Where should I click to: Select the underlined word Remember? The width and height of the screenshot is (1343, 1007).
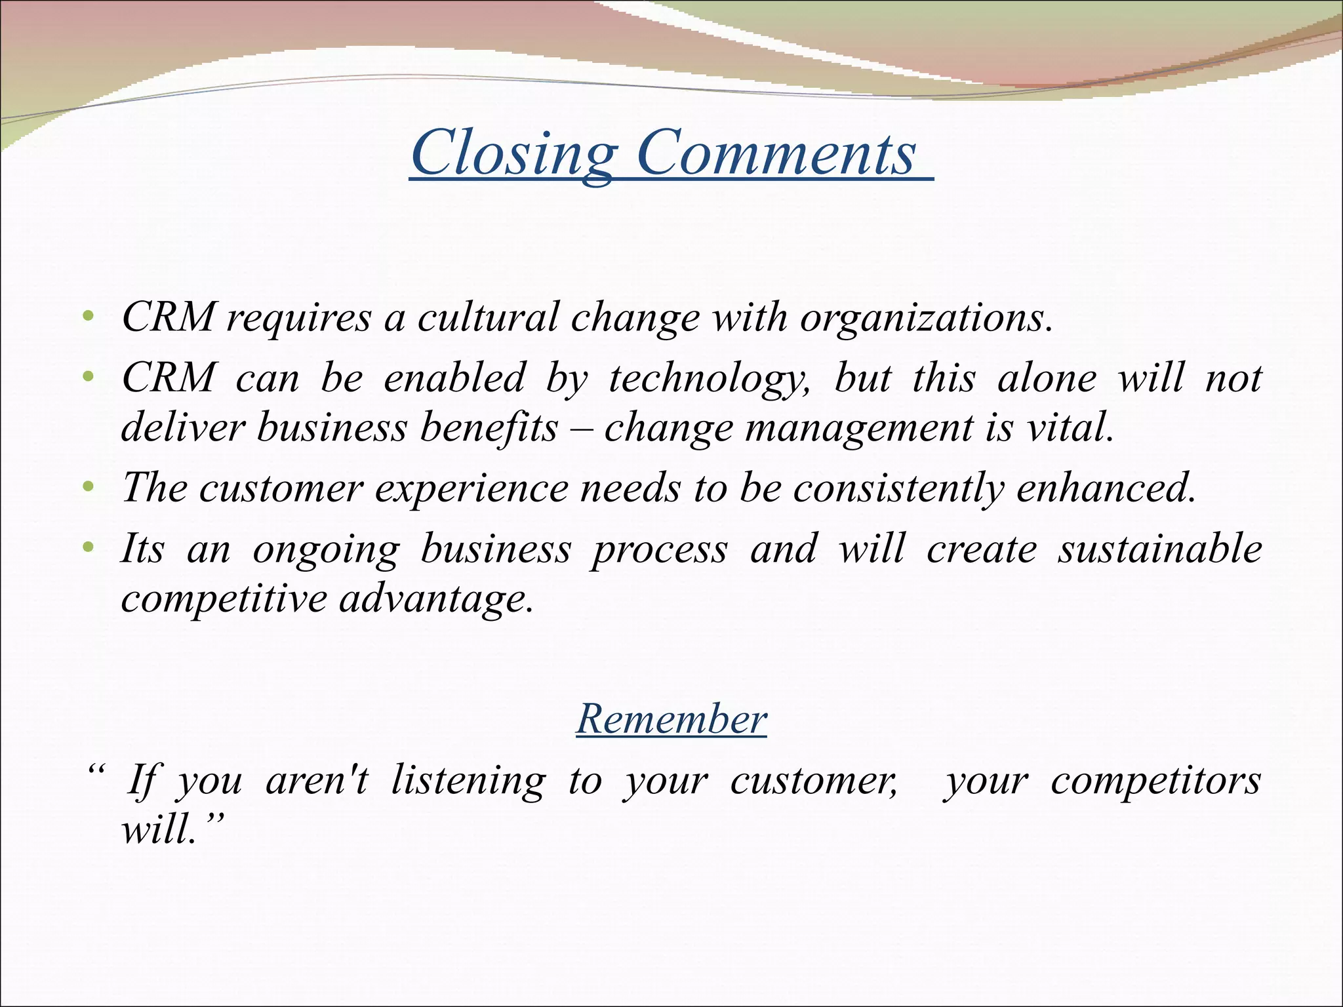click(x=671, y=719)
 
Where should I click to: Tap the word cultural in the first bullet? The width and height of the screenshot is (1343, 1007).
click(x=488, y=318)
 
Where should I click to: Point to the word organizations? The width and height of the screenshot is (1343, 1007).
click(x=925, y=319)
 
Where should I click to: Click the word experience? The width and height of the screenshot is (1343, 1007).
click(x=471, y=490)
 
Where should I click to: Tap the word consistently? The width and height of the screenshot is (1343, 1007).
click(x=898, y=490)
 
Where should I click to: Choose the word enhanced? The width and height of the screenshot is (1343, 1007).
click(x=1106, y=488)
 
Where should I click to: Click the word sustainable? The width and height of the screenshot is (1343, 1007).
click(x=1160, y=549)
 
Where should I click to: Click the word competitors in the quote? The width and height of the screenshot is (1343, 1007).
click(x=1155, y=781)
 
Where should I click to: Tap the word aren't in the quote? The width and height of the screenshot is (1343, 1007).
click(x=317, y=781)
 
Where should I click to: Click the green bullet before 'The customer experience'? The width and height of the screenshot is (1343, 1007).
click(x=89, y=488)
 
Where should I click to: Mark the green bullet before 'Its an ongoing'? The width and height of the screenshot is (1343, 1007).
click(x=89, y=547)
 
